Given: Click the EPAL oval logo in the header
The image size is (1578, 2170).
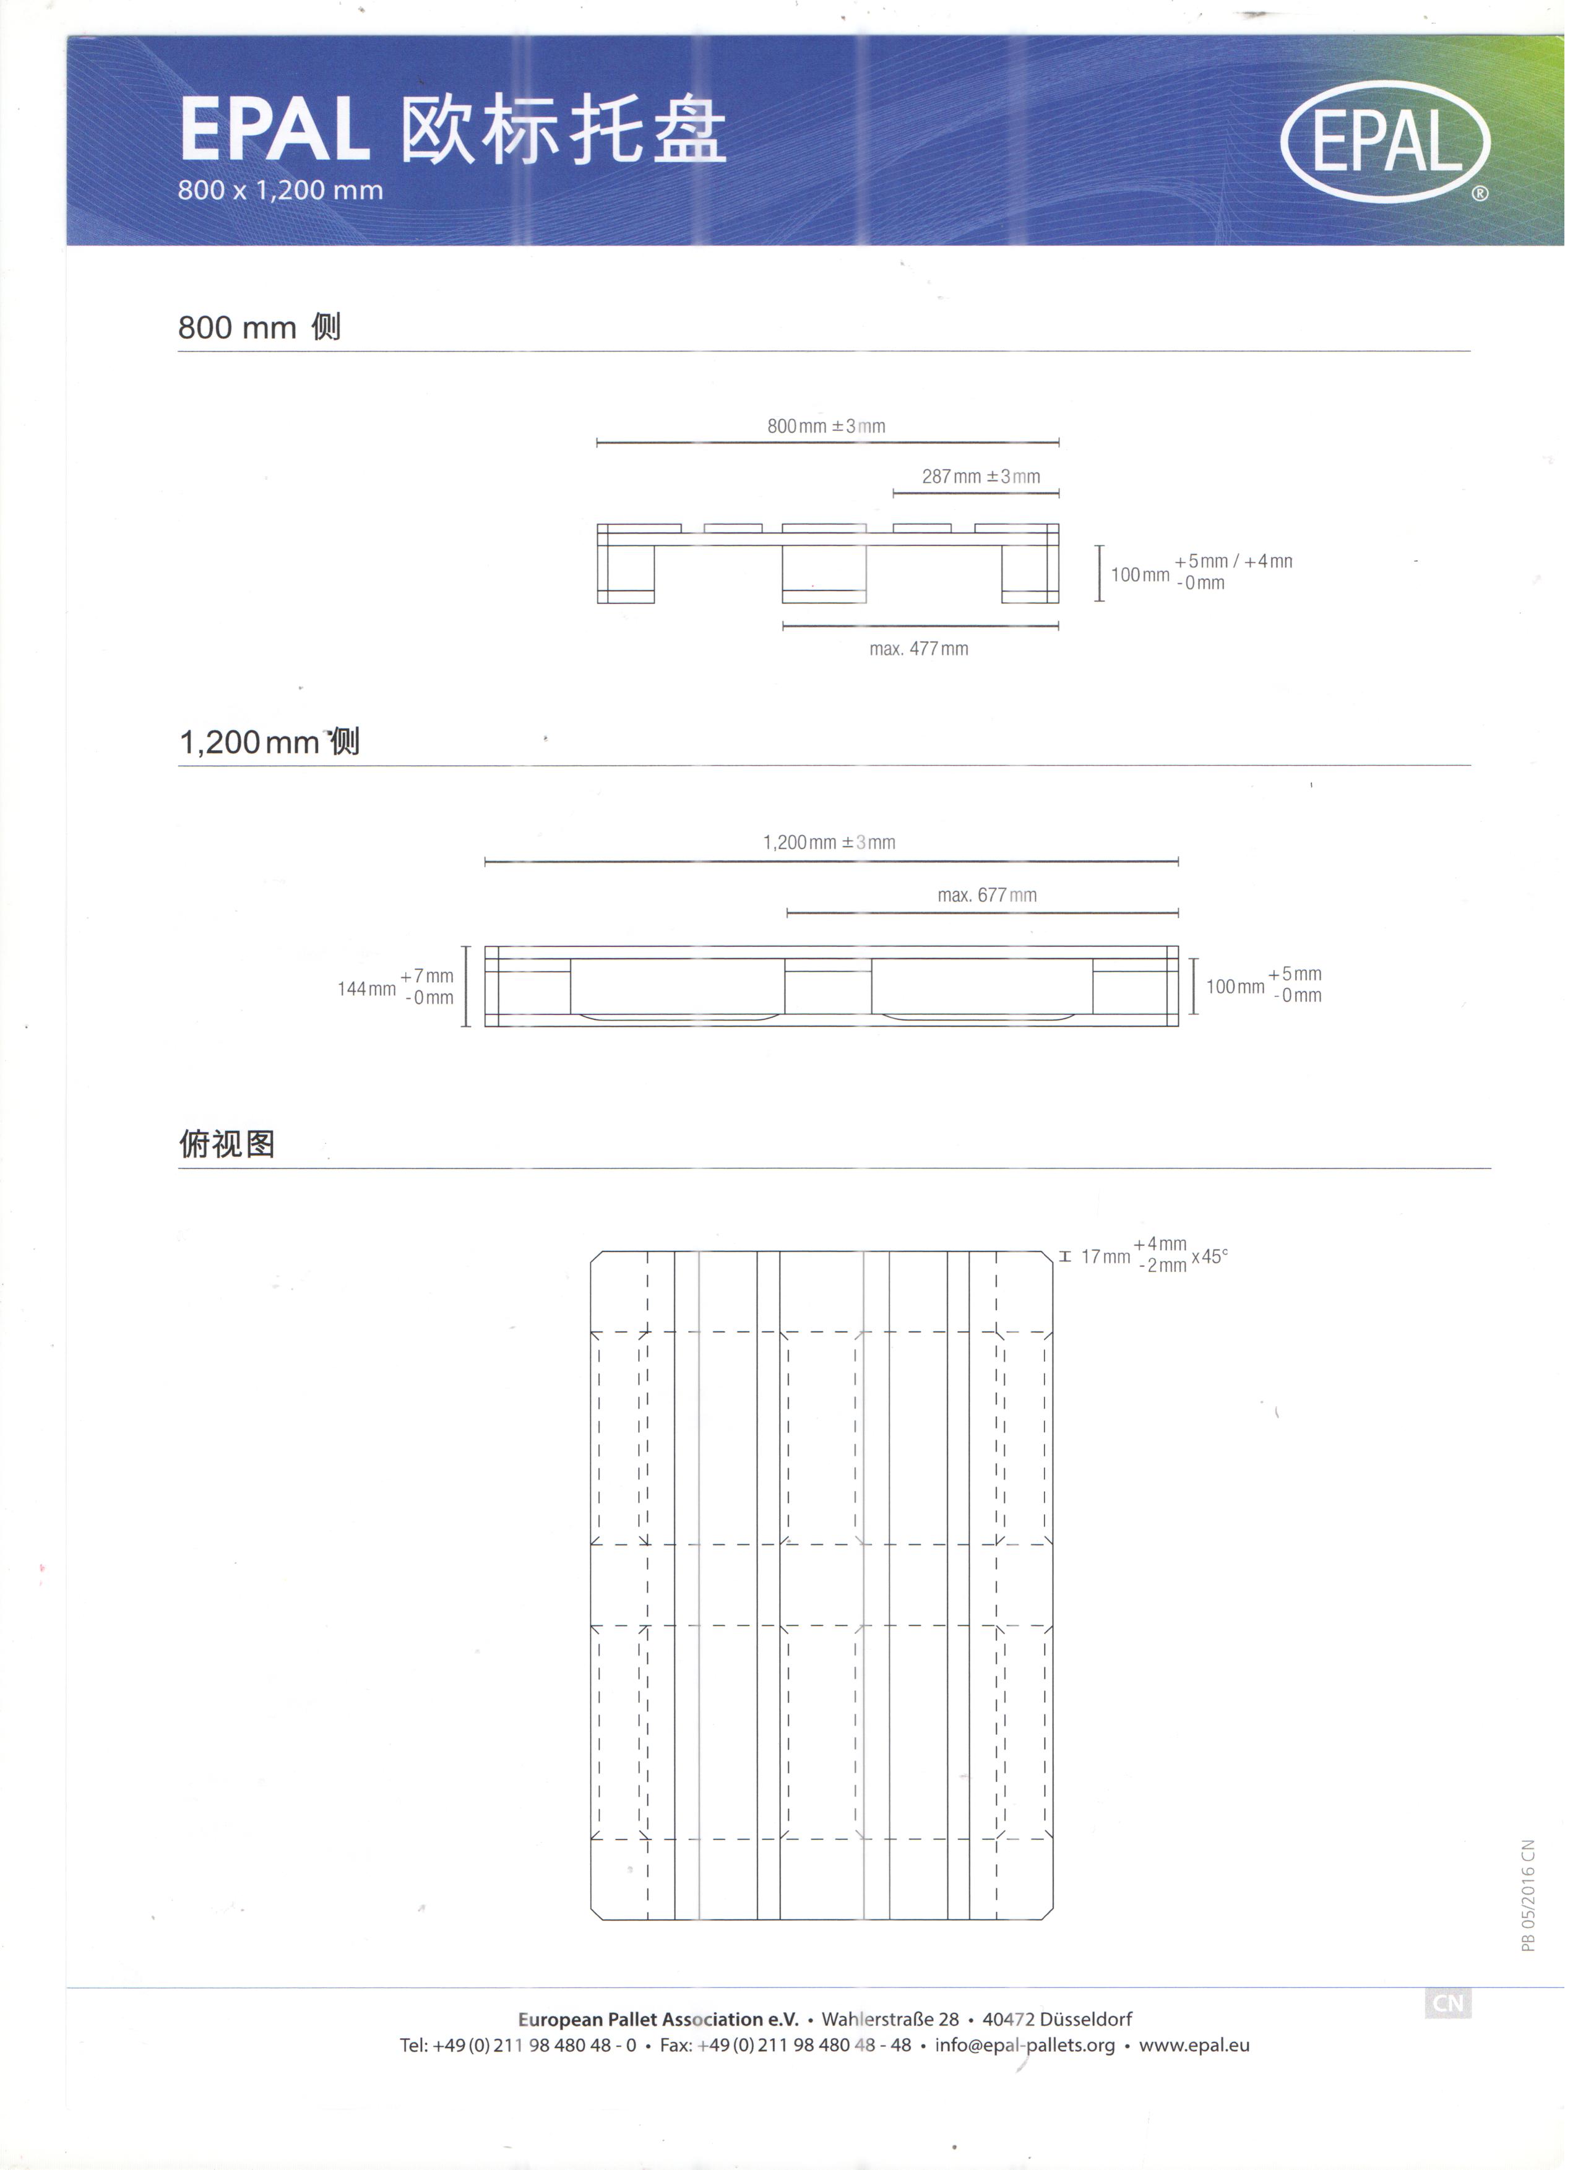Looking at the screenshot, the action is (1394, 142).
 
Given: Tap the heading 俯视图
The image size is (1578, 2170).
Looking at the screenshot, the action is (228, 1151).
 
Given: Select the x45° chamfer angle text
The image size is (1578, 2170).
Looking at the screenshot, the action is (1217, 1265).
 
